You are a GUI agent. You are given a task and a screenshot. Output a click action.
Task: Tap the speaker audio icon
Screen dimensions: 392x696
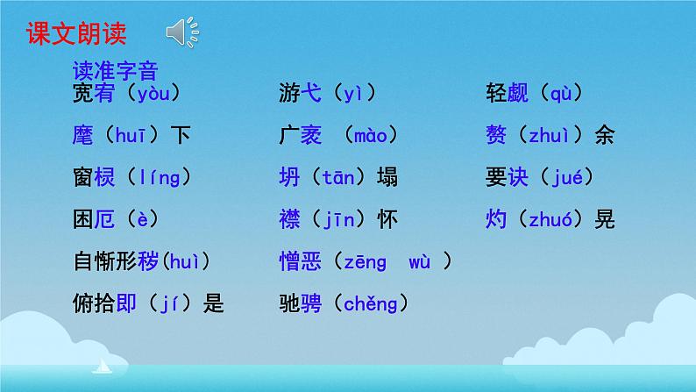pyautogui.click(x=181, y=33)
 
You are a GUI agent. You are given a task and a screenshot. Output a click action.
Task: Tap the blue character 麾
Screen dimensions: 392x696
pyautogui.click(x=82, y=135)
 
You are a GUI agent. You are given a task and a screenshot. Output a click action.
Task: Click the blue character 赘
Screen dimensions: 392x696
pyautogui.click(x=495, y=135)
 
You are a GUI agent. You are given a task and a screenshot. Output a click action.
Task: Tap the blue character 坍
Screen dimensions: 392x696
pyautogui.click(x=288, y=177)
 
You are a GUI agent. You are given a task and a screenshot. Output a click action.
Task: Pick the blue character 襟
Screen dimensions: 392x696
pyautogui.click(x=288, y=219)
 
